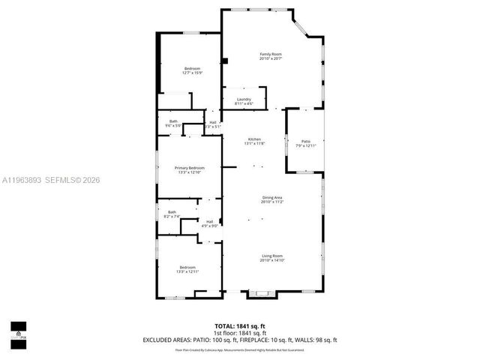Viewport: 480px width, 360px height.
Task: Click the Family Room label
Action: click(x=270, y=55)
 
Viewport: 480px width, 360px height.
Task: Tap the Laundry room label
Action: click(x=244, y=99)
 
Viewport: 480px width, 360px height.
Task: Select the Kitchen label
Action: click(x=255, y=140)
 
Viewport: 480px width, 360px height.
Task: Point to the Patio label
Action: click(x=305, y=141)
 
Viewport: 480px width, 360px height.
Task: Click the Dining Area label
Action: click(x=271, y=197)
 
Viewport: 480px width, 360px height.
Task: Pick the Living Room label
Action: click(x=272, y=256)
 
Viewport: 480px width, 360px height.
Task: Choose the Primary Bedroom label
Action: click(x=190, y=167)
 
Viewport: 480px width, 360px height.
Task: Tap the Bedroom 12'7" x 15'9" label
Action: click(x=193, y=69)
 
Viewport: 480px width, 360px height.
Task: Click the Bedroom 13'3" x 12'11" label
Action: click(x=187, y=268)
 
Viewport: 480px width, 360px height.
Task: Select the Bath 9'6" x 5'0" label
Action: click(x=173, y=121)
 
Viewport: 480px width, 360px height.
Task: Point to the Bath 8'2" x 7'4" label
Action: click(x=172, y=212)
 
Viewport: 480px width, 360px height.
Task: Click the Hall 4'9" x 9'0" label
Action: click(x=209, y=221)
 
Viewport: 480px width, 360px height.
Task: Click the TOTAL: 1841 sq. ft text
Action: click(x=240, y=325)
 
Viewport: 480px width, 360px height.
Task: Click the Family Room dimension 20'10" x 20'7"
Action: click(x=270, y=59)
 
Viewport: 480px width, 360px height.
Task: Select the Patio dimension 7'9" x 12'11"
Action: click(x=305, y=145)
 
